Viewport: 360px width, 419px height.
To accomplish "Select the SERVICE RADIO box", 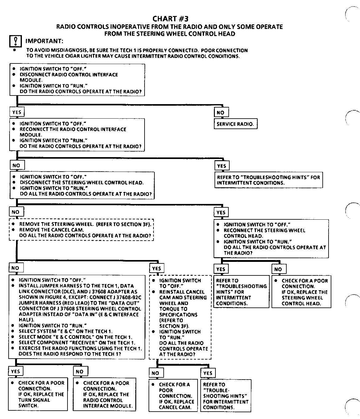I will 235,124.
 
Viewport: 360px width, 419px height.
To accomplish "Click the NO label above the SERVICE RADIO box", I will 221,112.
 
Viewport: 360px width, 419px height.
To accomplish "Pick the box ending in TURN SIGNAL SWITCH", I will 38,394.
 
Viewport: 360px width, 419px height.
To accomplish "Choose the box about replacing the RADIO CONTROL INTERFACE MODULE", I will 105,394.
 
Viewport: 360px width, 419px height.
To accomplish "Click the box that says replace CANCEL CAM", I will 173,396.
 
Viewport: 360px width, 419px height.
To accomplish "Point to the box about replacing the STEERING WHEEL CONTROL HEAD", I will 301,292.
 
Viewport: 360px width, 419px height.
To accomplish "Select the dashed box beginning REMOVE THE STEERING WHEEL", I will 81,230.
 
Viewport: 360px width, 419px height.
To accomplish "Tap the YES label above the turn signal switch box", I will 15,371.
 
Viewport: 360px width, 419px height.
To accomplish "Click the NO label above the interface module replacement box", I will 80,371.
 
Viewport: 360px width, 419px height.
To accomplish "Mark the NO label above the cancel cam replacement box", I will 155,373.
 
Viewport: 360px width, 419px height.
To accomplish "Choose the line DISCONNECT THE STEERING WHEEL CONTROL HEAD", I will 82,182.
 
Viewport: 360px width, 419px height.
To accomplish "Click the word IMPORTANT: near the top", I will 44,41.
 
